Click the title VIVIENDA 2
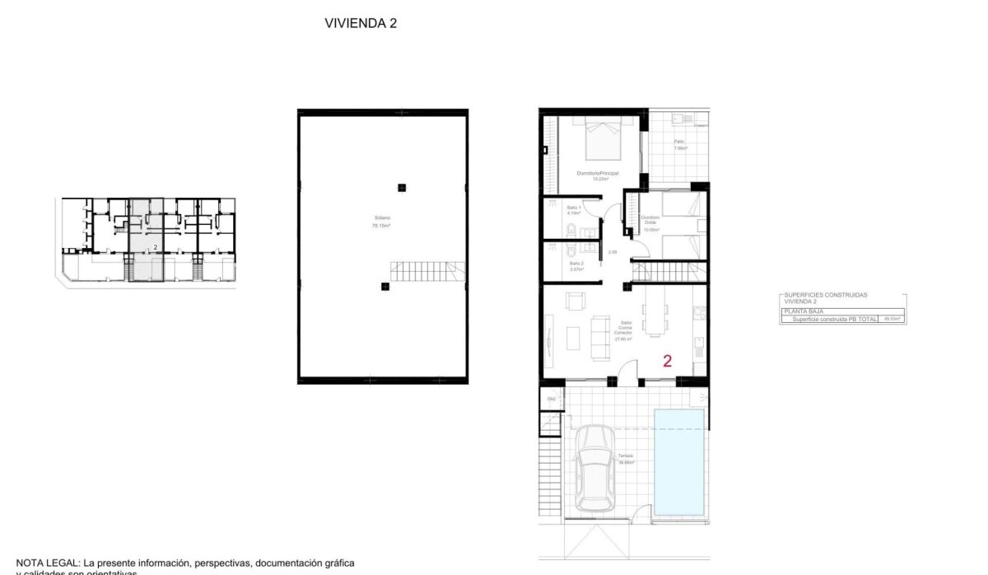point(361,24)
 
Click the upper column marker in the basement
point(401,187)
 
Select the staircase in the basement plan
point(427,271)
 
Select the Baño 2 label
point(576,265)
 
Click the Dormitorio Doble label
point(650,220)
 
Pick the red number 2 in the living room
point(667,360)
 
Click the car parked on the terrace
point(594,468)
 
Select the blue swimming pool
point(678,460)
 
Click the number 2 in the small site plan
point(156,246)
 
